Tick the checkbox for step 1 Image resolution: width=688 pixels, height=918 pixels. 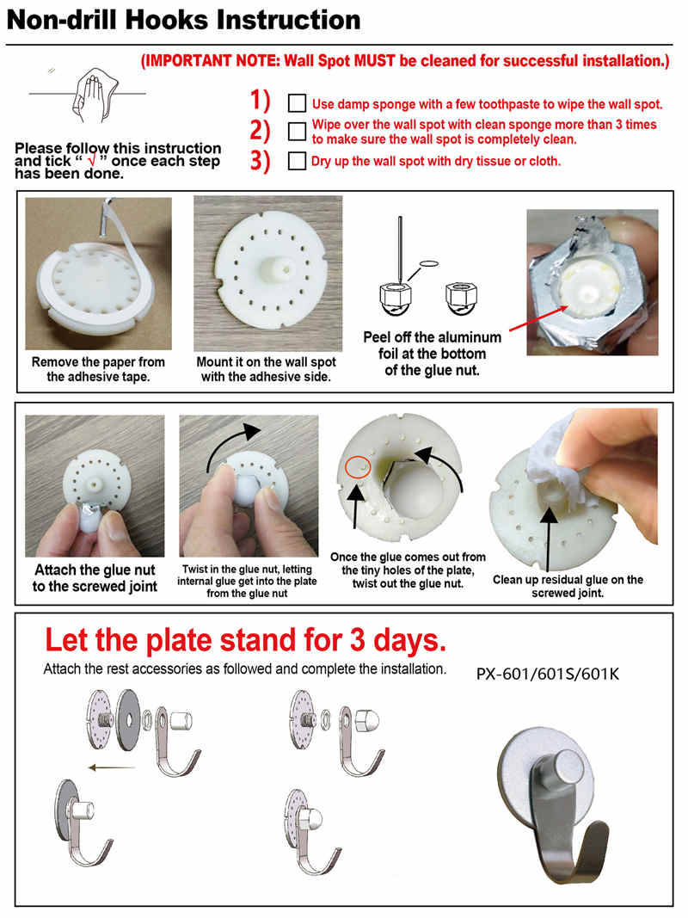click(x=297, y=103)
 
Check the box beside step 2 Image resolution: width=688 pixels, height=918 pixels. click(x=297, y=131)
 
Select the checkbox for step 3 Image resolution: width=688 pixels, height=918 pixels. click(x=297, y=161)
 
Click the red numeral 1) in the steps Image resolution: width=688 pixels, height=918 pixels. click(x=261, y=100)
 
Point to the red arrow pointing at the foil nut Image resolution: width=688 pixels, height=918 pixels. click(x=539, y=318)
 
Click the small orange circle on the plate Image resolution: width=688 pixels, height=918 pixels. click(x=356, y=466)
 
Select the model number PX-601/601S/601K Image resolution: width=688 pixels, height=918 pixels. click(x=548, y=674)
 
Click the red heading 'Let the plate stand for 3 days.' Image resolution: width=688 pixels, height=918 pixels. click(x=246, y=640)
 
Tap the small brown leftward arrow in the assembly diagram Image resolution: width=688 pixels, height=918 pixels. click(x=111, y=767)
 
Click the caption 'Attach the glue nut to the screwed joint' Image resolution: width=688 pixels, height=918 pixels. click(x=95, y=578)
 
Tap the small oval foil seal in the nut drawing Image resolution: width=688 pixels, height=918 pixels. click(x=429, y=264)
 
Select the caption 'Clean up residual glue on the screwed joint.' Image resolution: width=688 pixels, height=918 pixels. click(x=568, y=586)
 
